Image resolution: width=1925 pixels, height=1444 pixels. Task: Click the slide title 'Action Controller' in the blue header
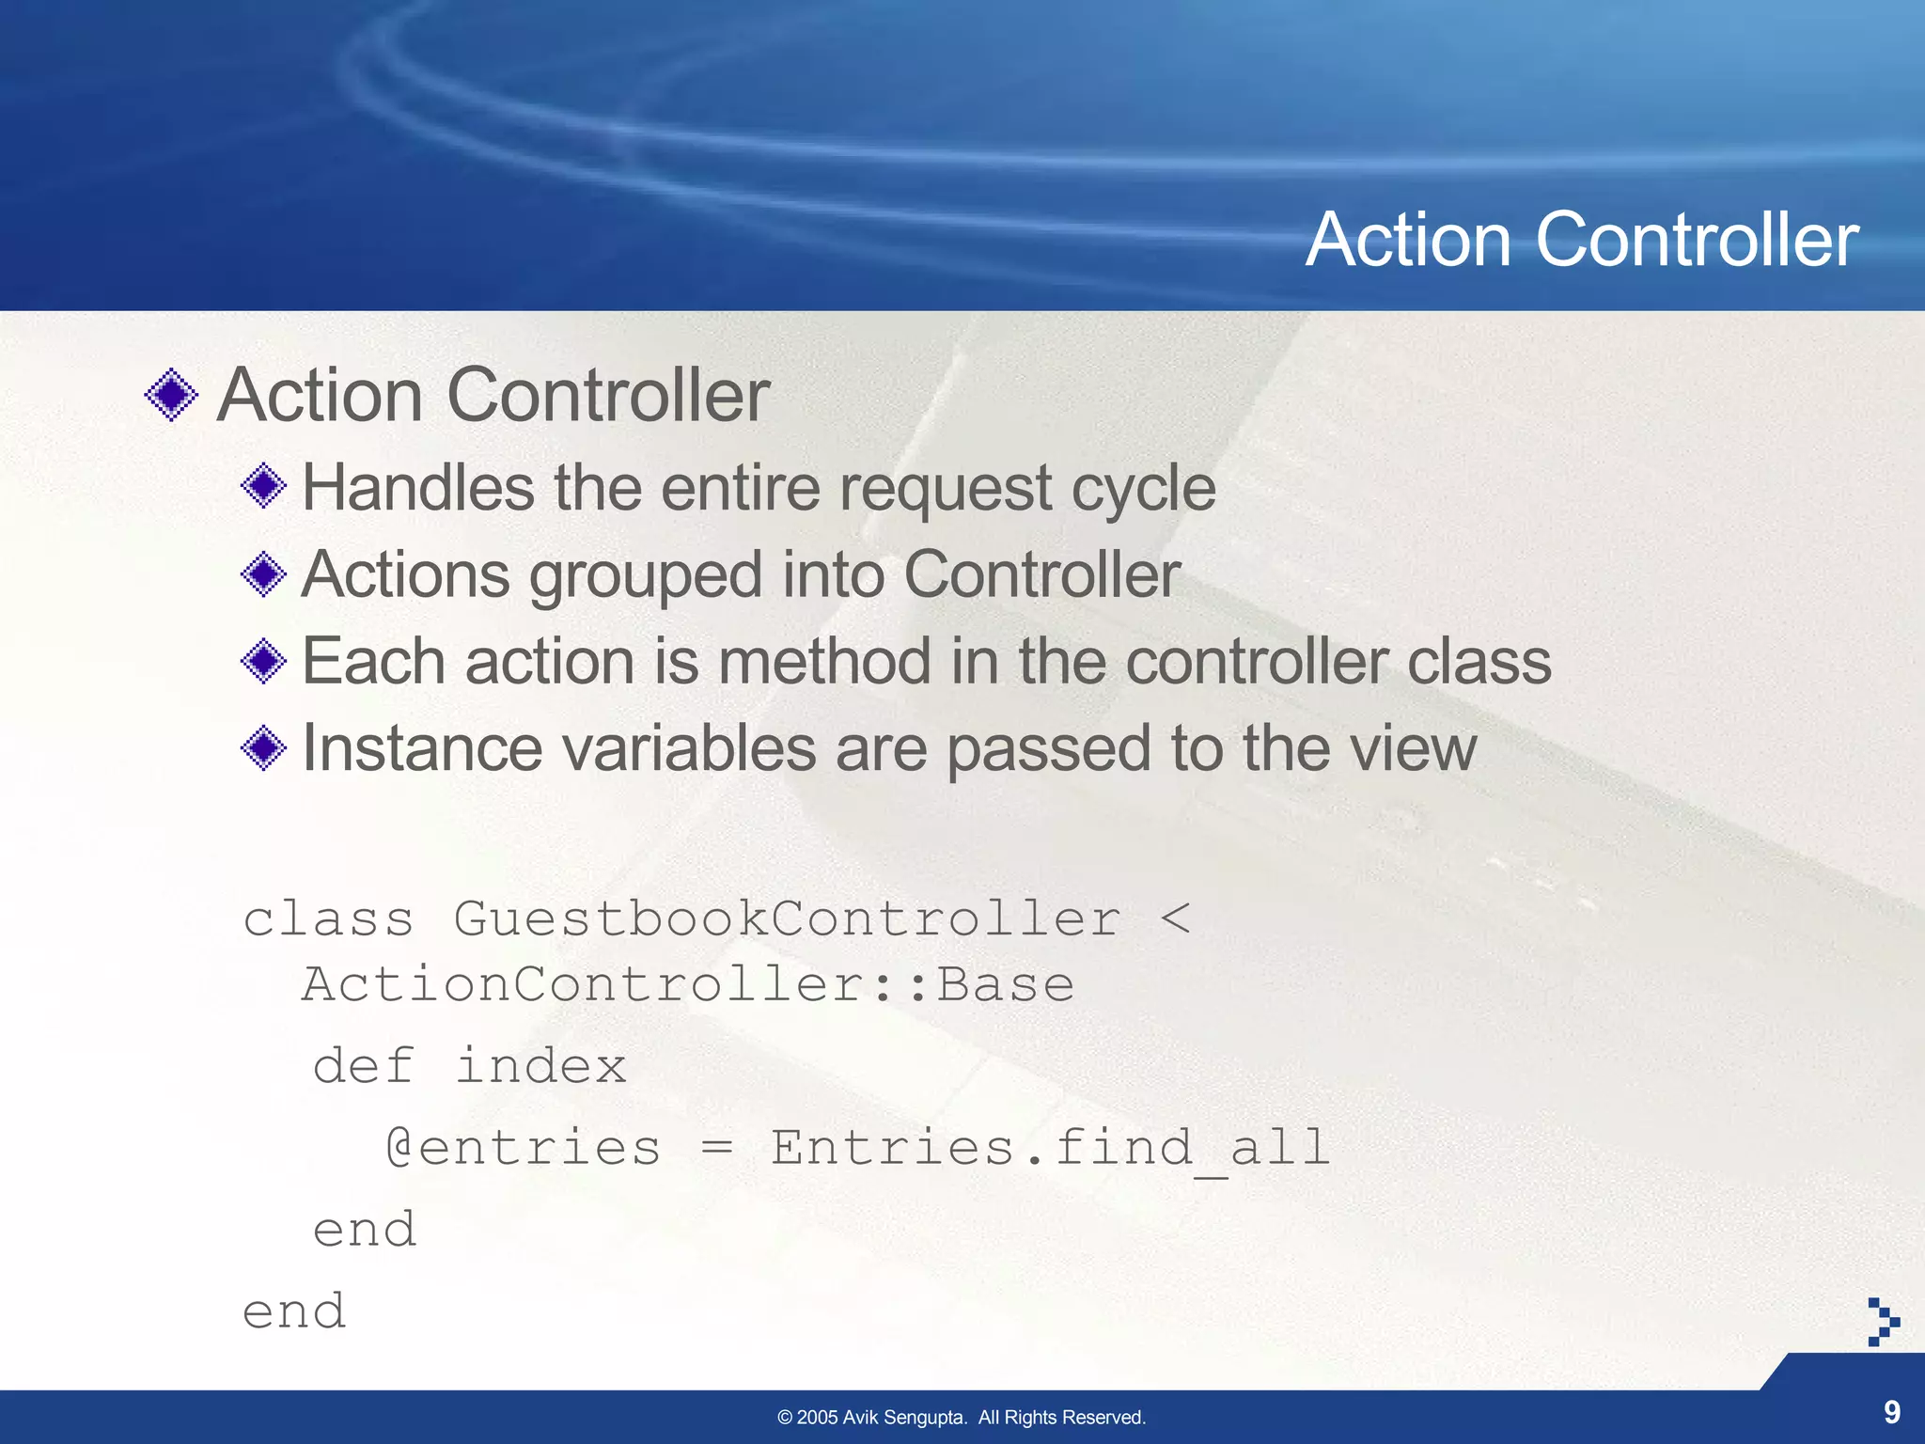(1582, 240)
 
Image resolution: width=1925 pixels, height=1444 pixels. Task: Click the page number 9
(1891, 1412)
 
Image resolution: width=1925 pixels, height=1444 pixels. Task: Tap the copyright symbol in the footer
(785, 1418)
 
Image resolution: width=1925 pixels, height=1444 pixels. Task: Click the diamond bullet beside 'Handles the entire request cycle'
(264, 486)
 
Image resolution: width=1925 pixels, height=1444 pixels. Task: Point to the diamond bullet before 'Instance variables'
(264, 747)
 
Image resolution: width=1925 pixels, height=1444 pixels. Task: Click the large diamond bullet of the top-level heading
(172, 395)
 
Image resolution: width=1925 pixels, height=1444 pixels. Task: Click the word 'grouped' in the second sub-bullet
(645, 575)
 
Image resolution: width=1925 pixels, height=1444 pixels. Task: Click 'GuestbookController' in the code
(787, 918)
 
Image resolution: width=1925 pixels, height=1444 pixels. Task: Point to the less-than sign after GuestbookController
(1175, 918)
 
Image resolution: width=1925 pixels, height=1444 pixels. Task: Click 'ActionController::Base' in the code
(687, 985)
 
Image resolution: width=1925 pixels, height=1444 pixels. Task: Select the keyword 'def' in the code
(363, 1066)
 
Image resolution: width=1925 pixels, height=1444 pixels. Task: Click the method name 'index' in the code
(540, 1066)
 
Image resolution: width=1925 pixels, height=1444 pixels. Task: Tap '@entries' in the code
(524, 1148)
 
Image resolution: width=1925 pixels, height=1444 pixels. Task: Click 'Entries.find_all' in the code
(1050, 1148)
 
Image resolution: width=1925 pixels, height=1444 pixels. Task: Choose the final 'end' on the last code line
(294, 1311)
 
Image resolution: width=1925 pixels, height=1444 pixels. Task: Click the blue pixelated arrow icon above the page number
(1883, 1322)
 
